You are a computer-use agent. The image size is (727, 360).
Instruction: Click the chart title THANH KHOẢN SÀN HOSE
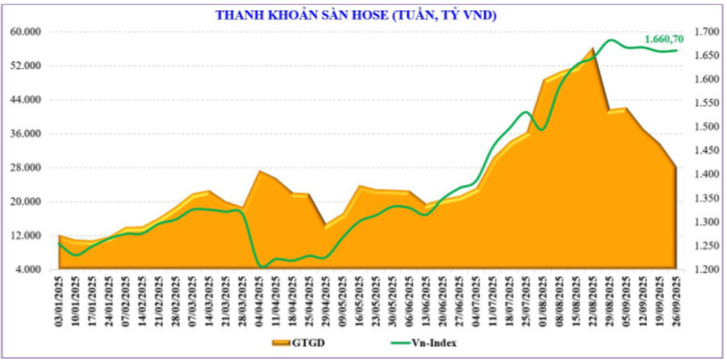[x=356, y=15]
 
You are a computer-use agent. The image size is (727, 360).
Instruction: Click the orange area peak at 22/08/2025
[x=592, y=48]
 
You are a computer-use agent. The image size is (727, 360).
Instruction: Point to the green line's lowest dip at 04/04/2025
[x=262, y=267]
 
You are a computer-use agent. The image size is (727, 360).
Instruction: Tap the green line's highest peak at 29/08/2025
[x=610, y=40]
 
